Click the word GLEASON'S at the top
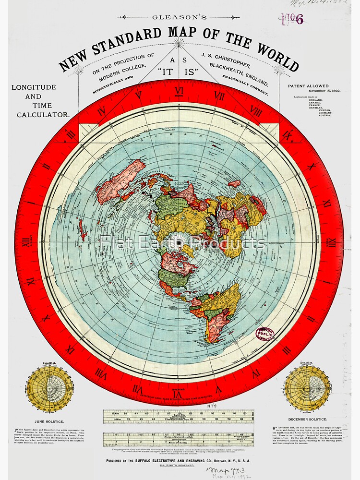[x=180, y=17]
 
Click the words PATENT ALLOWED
[x=308, y=86]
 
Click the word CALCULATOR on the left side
[x=43, y=115]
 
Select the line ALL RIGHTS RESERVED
[x=179, y=466]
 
